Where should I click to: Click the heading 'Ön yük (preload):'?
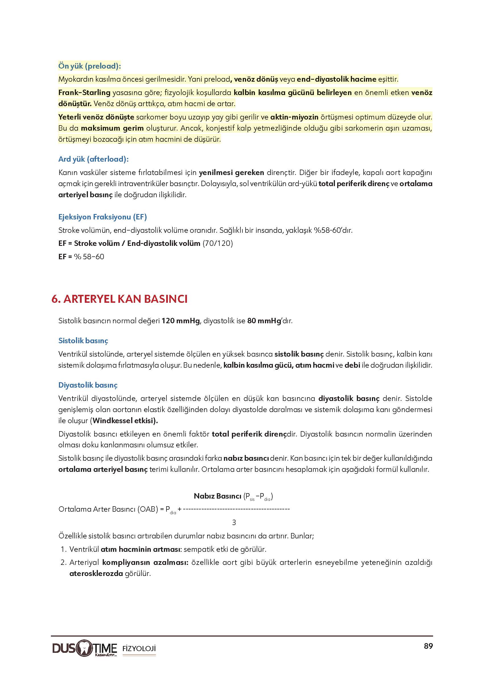[x=89, y=66]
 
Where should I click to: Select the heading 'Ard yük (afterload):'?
[x=93, y=159]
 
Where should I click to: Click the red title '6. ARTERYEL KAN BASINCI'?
[x=120, y=299]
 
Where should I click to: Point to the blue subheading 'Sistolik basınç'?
[x=83, y=340]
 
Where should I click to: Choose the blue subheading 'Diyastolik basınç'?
[x=88, y=385]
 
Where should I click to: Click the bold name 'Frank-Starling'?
[x=84, y=93]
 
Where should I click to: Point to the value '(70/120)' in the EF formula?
[x=218, y=244]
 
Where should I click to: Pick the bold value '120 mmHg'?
[x=181, y=321]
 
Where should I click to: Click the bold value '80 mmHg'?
[x=264, y=321]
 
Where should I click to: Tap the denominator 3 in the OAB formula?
[x=234, y=522]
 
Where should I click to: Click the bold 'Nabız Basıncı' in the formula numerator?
[x=217, y=496]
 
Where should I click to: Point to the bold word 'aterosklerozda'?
[x=96, y=573]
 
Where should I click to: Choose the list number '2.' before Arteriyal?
[x=63, y=562]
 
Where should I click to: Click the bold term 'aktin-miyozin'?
[x=294, y=117]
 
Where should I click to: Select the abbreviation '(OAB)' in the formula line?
[x=147, y=509]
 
